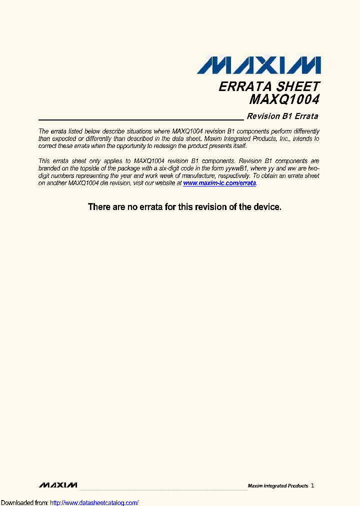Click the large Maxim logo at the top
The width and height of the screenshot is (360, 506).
pos(258,65)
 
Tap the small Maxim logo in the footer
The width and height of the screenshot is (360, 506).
pos(57,485)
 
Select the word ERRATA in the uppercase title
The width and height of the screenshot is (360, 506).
pos(241,86)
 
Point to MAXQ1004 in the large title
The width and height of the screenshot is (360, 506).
pos(284,99)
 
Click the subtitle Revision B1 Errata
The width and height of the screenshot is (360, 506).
pos(282,116)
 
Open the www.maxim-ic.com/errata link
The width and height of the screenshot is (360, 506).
pos(219,183)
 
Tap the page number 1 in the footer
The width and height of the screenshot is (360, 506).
pos(312,485)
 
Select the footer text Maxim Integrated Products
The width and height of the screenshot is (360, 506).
pos(278,486)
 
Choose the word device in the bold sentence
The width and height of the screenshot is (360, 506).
pos(267,206)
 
